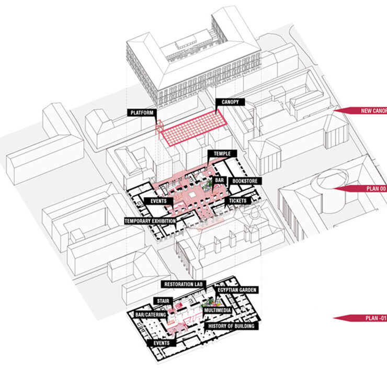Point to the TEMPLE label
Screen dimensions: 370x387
[222, 153]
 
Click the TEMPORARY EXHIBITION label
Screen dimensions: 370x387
[150, 221]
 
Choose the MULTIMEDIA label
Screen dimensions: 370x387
[219, 310]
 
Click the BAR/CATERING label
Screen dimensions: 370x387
[151, 315]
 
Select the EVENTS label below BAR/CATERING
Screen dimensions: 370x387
[162, 343]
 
